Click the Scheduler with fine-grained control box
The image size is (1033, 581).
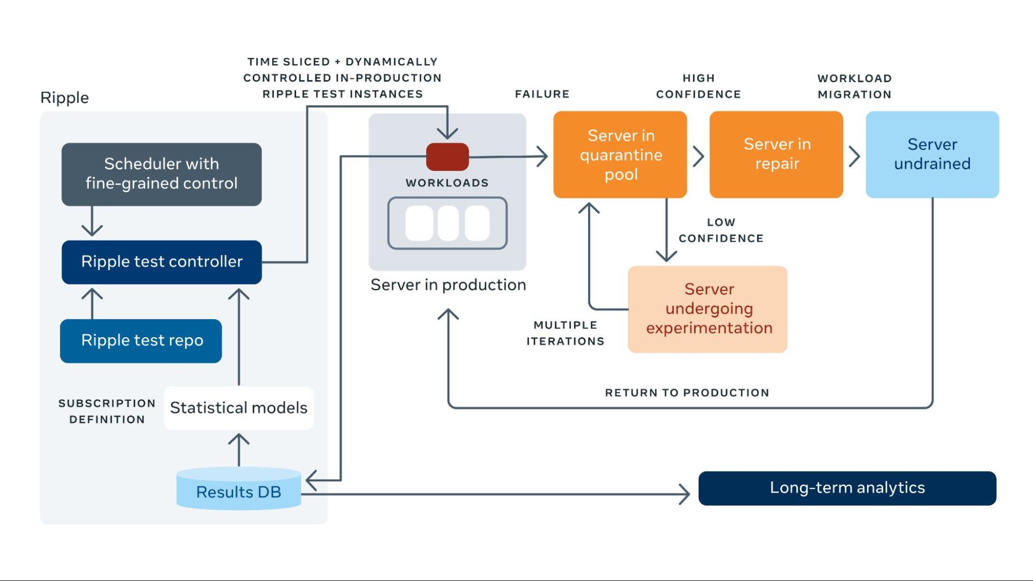161,174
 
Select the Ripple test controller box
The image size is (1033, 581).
161,262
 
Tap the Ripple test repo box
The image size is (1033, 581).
141,341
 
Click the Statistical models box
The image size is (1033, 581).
238,408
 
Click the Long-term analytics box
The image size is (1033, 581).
847,488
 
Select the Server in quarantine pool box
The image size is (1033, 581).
620,154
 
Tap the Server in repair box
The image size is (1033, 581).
776,154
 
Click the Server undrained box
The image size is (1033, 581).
932,154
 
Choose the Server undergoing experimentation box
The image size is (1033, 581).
707,309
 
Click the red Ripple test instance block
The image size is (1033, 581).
448,156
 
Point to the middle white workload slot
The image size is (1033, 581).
448,223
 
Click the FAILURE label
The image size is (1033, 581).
542,94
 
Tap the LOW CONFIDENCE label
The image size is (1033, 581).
721,230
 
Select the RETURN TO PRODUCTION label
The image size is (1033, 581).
687,392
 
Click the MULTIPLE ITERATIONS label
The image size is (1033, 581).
565,333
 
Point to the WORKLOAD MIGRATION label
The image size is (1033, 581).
854,86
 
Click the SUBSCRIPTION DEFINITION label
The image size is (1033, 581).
107,411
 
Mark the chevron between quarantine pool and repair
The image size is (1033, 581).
698,156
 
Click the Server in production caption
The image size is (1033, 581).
448,285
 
